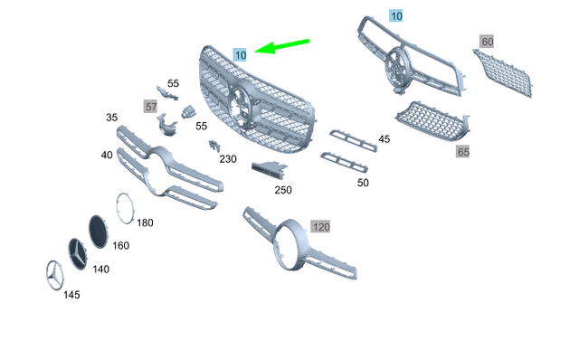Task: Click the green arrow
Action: click(282, 45)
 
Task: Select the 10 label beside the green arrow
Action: click(240, 55)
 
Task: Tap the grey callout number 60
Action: click(488, 43)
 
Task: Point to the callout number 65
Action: click(463, 152)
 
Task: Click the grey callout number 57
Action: click(151, 106)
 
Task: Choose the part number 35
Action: click(112, 118)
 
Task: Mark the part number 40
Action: click(107, 156)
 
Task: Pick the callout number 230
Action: click(227, 159)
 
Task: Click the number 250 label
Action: click(283, 190)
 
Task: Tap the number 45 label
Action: click(384, 138)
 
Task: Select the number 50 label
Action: click(363, 183)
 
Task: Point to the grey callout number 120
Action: click(321, 225)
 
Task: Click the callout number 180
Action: click(145, 223)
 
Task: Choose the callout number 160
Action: click(120, 245)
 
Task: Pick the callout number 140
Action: click(101, 269)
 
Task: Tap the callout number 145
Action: click(71, 295)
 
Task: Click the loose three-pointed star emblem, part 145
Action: click(52, 275)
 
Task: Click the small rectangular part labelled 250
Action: click(268, 169)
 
